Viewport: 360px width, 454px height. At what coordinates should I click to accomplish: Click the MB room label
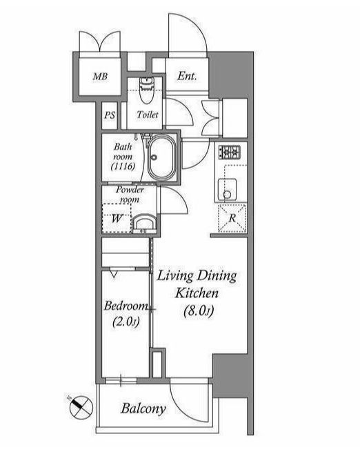coord(100,77)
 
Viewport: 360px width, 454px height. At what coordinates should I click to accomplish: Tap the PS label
coord(110,115)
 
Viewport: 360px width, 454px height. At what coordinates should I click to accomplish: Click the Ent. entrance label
coord(187,76)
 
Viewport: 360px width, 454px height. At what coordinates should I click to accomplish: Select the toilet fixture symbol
coord(147,90)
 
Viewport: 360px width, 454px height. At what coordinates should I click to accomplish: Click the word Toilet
coord(148,115)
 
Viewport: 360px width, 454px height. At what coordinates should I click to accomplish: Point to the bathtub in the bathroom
coord(161,158)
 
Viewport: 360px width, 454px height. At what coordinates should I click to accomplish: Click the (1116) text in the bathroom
coord(123,166)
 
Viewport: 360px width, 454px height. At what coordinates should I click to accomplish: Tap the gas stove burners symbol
coord(230,152)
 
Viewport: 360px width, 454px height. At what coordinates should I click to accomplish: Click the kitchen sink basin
coord(227,190)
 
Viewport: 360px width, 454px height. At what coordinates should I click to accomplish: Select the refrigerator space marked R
coord(232,218)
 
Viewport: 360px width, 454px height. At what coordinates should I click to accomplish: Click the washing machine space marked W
coord(117,218)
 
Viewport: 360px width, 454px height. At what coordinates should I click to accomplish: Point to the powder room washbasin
coord(144,224)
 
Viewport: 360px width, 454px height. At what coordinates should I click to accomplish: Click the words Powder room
coord(130,195)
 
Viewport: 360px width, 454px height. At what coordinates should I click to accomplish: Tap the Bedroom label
coord(126,306)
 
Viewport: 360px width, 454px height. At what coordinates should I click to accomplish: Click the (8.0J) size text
coord(199,311)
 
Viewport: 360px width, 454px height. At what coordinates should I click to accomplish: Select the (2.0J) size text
coord(126,322)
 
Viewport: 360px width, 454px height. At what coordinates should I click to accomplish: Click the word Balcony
coord(143,408)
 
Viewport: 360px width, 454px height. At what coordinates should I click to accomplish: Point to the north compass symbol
coord(81,407)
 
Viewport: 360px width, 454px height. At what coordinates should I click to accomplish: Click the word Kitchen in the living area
coord(197,293)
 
